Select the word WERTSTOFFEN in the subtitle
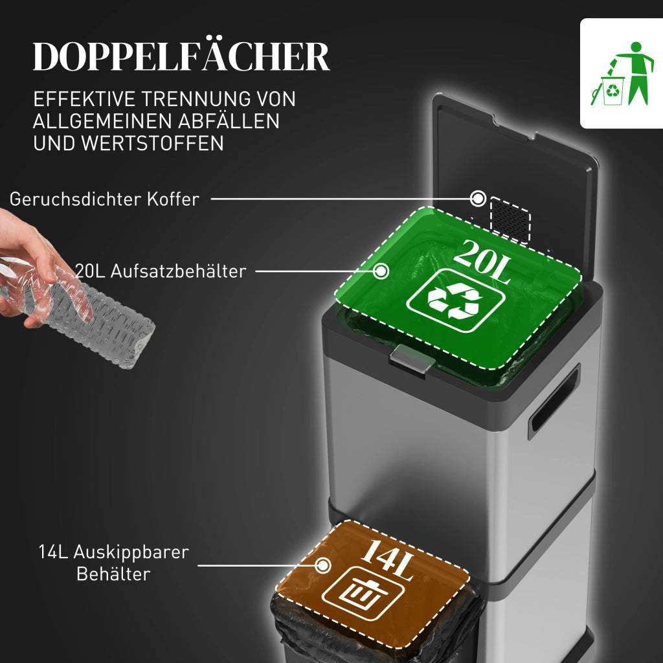click(x=152, y=143)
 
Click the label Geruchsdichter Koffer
click(x=104, y=199)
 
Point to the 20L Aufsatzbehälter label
click(x=161, y=271)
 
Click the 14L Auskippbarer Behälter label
click(x=113, y=563)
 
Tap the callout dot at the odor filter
click(x=478, y=198)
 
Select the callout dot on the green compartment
click(x=381, y=271)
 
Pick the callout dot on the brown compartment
click(x=322, y=565)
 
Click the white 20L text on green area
click(x=482, y=262)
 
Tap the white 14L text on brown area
click(x=387, y=560)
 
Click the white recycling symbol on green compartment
click(x=455, y=300)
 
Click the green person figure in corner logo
click(x=636, y=72)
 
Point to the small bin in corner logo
click(x=612, y=91)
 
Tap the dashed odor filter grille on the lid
click(x=510, y=220)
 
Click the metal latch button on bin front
click(x=411, y=359)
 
